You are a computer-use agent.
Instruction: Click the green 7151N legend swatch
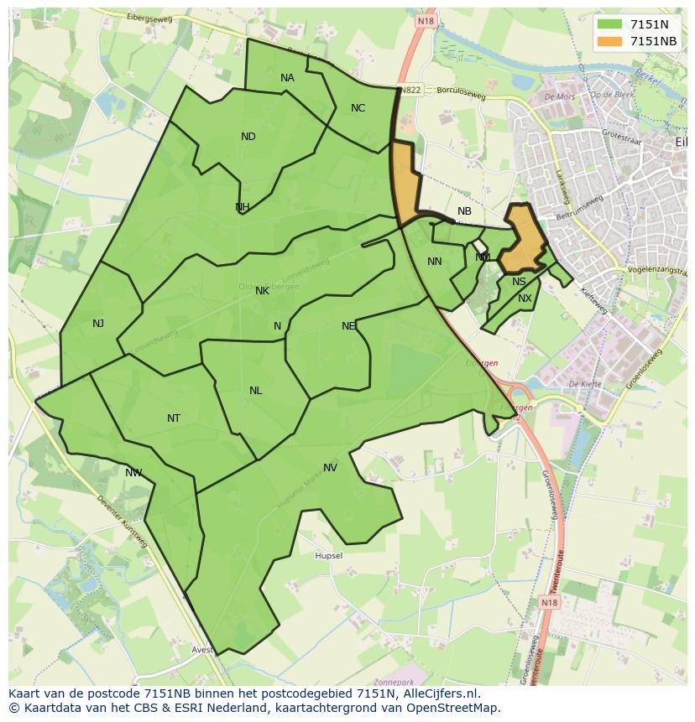click(x=609, y=25)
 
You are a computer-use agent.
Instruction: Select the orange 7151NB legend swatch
click(x=609, y=41)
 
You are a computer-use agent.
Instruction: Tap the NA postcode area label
click(x=287, y=78)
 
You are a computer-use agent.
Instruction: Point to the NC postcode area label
click(x=358, y=108)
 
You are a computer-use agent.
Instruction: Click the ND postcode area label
click(x=248, y=137)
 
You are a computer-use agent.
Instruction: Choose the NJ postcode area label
click(x=98, y=324)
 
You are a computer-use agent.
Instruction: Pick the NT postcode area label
click(x=174, y=418)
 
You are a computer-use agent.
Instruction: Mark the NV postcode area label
click(x=330, y=468)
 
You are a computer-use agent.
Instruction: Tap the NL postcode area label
click(x=255, y=391)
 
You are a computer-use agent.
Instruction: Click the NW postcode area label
click(x=133, y=473)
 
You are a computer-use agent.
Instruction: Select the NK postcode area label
click(x=262, y=291)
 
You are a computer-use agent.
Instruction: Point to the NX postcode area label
click(x=525, y=299)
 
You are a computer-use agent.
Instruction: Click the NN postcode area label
click(x=434, y=262)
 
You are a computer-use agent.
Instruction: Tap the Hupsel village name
click(x=328, y=556)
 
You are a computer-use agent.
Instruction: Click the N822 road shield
click(x=410, y=90)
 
